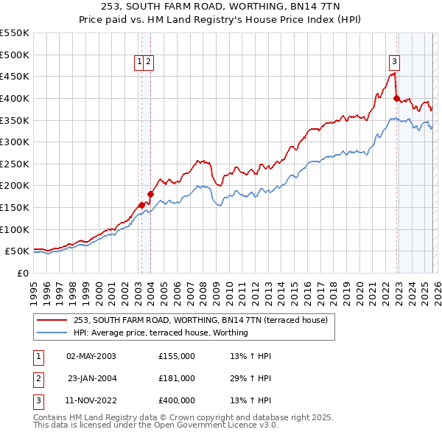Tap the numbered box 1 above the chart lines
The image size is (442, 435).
[x=138, y=63]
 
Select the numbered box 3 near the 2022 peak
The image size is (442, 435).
[x=395, y=63]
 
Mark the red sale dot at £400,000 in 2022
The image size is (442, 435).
[x=396, y=98]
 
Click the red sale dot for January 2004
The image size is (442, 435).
[x=150, y=194]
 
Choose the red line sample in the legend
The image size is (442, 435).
[x=52, y=320]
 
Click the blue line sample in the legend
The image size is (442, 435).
[x=52, y=333]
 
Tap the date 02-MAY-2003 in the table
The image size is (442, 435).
[x=91, y=356]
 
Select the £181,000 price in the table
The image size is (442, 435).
[x=177, y=378]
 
